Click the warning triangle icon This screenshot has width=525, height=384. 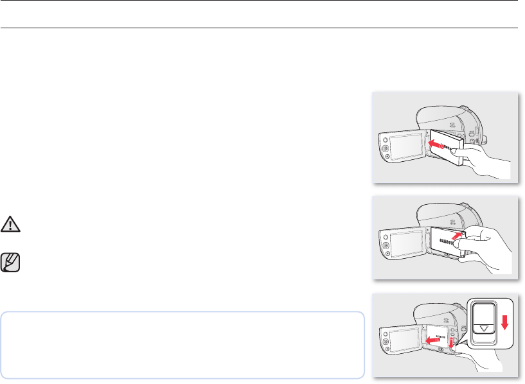(x=10, y=223)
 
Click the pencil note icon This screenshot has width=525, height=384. (x=10, y=262)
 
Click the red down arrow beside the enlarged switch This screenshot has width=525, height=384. (x=504, y=320)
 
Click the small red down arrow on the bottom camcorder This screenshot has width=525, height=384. (x=450, y=347)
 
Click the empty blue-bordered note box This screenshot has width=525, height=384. (x=182, y=345)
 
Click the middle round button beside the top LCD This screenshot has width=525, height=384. (x=386, y=150)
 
